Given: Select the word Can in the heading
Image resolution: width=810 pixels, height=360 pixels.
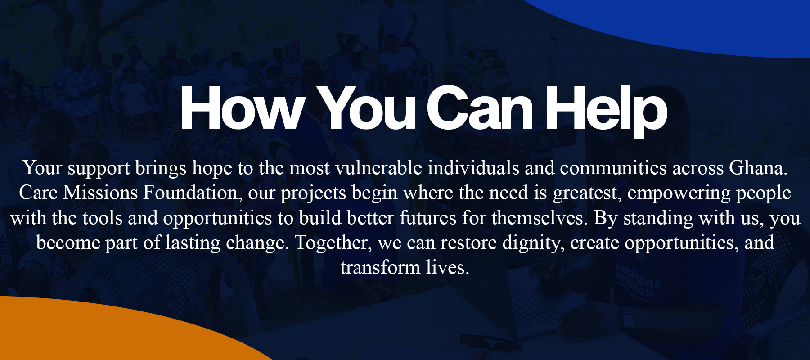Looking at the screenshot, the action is tap(480, 108).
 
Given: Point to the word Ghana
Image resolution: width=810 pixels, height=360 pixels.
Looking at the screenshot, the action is tap(758, 168).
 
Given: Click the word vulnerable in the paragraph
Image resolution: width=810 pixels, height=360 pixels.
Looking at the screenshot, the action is tap(379, 168).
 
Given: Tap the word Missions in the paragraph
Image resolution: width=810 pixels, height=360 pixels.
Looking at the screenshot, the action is tap(100, 193).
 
